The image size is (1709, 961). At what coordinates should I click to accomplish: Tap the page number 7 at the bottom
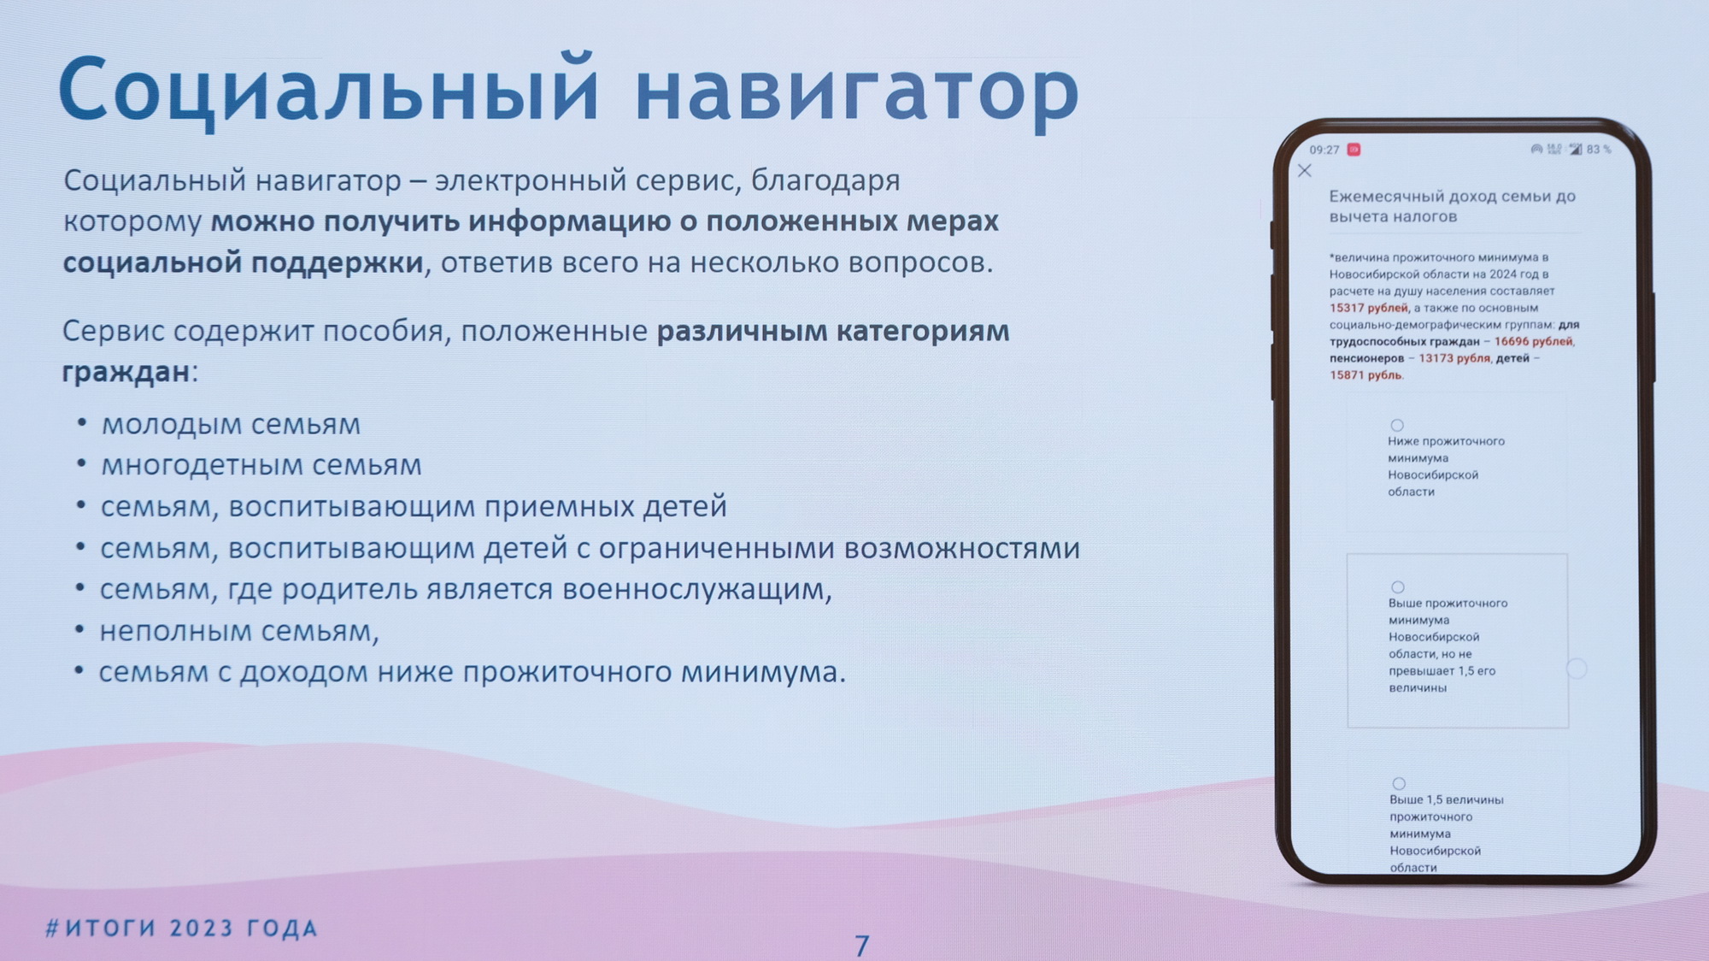[x=862, y=945]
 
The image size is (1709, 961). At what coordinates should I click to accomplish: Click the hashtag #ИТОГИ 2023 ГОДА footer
[x=182, y=929]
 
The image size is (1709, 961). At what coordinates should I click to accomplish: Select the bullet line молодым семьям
[x=231, y=424]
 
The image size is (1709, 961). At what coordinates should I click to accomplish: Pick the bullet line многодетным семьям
[x=261, y=465]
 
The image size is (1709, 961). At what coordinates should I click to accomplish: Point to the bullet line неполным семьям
[x=239, y=631]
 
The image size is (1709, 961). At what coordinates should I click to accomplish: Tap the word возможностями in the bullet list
[x=961, y=548]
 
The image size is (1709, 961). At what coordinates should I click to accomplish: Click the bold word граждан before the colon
[x=126, y=372]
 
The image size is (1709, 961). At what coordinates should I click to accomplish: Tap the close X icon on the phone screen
[x=1305, y=171]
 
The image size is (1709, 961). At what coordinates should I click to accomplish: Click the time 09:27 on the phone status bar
[x=1324, y=150]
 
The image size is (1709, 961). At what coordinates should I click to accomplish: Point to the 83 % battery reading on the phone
[x=1599, y=150]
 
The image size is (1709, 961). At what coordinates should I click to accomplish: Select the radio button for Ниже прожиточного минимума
[x=1397, y=425]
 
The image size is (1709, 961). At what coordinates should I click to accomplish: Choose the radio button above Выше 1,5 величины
[x=1399, y=783]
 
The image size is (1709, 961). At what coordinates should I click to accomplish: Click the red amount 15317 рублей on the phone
[x=1368, y=308]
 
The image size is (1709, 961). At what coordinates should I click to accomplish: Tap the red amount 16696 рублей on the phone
[x=1534, y=341]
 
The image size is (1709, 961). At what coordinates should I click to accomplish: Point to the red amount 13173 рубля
[x=1454, y=358]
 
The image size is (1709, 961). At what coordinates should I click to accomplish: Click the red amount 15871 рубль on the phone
[x=1365, y=375]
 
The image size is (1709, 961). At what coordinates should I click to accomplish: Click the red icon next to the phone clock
[x=1354, y=150]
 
